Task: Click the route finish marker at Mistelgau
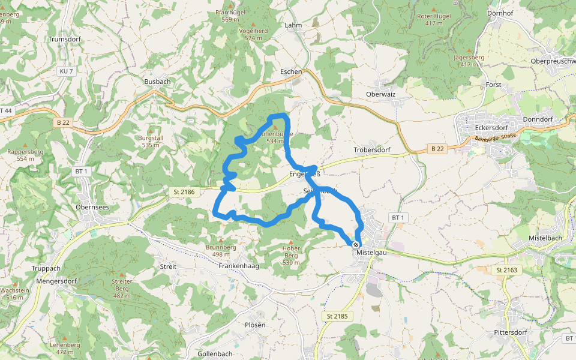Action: click(x=356, y=245)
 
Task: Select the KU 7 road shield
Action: click(x=66, y=71)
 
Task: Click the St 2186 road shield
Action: click(x=184, y=192)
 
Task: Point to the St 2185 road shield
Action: click(x=338, y=316)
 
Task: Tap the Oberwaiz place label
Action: click(x=380, y=94)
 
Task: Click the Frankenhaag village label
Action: click(x=238, y=266)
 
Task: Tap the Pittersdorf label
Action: click(x=510, y=332)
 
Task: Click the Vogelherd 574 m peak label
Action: click(x=254, y=34)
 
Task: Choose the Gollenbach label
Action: click(x=214, y=353)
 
